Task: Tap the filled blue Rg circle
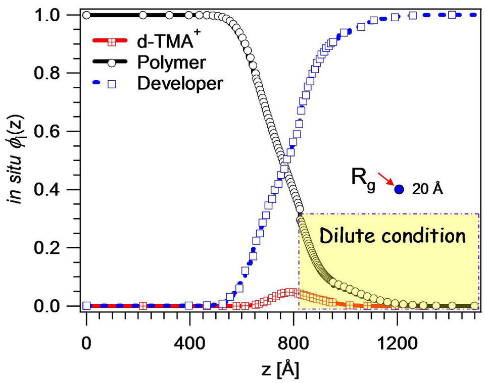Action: coord(399,190)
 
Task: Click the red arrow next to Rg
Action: coord(387,182)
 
